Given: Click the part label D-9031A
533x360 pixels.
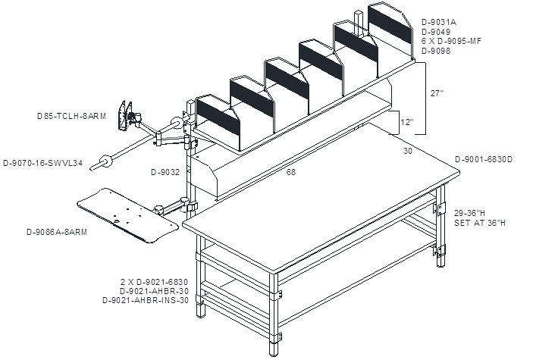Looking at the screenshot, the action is [x=439, y=23].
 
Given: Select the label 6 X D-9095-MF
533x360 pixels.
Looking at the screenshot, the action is [x=451, y=41].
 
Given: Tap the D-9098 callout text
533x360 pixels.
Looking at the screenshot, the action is [x=436, y=51].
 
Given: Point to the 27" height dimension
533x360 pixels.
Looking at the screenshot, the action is [x=437, y=93].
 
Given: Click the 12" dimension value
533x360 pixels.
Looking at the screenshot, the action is [x=407, y=122].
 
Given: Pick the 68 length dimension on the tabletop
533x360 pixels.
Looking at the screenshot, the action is [x=291, y=172].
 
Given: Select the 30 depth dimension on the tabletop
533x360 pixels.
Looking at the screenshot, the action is [x=408, y=151].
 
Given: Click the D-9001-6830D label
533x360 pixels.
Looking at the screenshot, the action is [x=484, y=159].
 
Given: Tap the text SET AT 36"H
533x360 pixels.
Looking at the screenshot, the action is [x=480, y=223].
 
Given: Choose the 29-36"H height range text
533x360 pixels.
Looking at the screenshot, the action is [x=470, y=213].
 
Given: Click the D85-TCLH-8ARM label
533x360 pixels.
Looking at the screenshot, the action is [x=72, y=116].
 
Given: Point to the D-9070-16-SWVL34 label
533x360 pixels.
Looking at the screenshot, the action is [x=42, y=163].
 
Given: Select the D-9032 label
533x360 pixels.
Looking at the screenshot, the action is [x=165, y=172].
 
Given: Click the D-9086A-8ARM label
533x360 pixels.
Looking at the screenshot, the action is [x=57, y=232].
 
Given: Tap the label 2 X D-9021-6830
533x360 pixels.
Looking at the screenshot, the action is [x=155, y=282].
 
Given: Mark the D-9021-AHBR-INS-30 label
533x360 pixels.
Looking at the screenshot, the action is [x=146, y=301].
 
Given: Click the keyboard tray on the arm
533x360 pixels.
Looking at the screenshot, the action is [x=127, y=215].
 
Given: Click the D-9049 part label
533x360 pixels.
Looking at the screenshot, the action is [x=436, y=32].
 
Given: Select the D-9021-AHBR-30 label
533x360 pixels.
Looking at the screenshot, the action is [x=154, y=291].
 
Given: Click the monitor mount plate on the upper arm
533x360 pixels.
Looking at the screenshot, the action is [x=124, y=116].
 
